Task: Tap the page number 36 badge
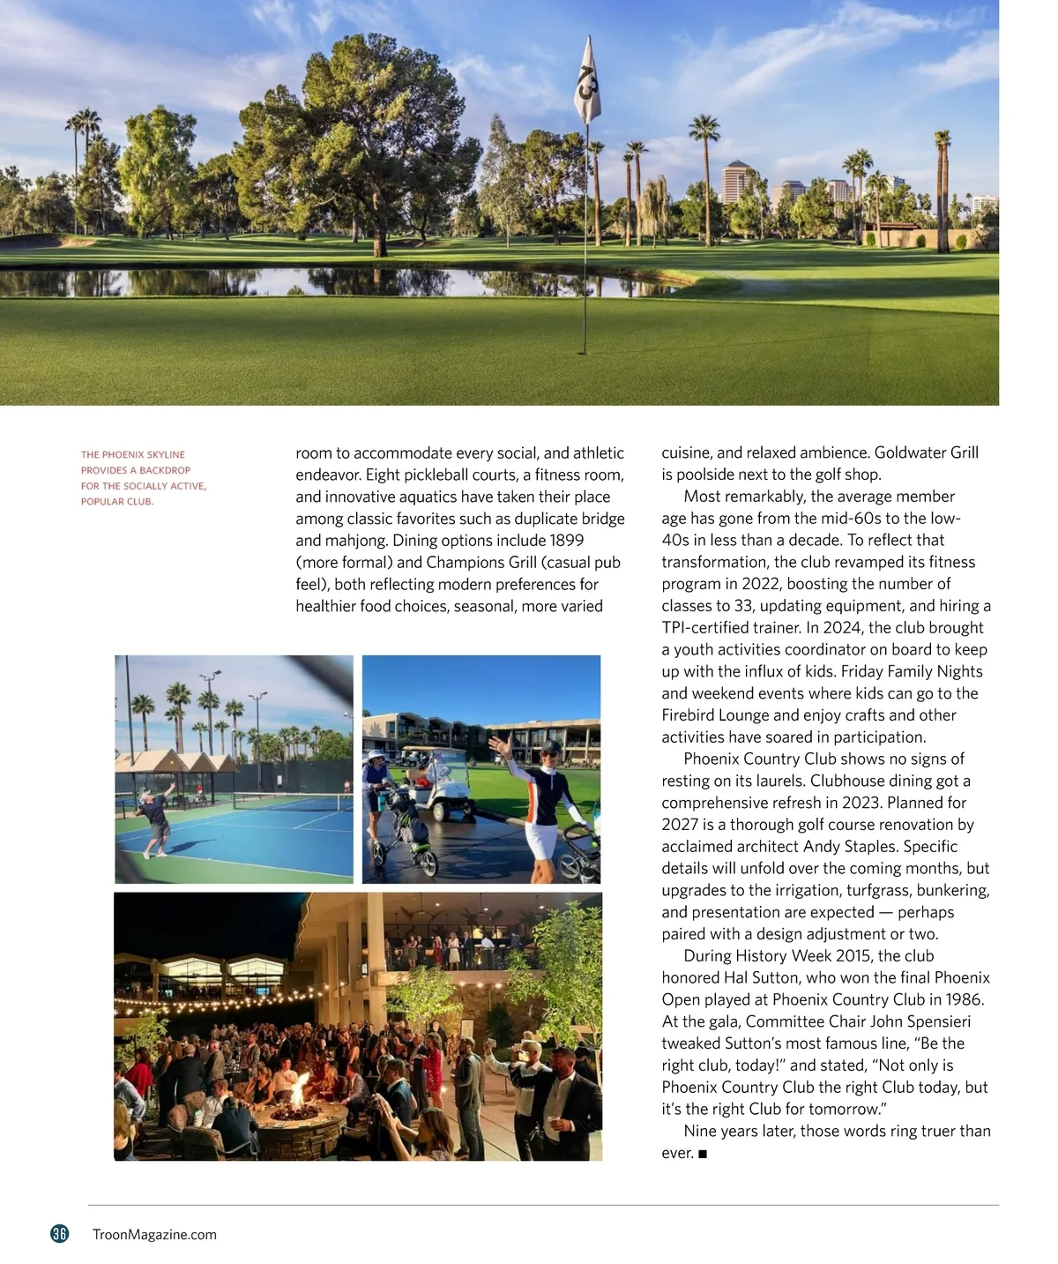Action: (x=59, y=1234)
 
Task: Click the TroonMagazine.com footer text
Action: (x=154, y=1235)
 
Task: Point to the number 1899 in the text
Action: (x=566, y=541)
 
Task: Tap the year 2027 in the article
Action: (x=680, y=825)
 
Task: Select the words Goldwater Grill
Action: (x=927, y=453)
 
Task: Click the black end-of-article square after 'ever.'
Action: (x=703, y=1154)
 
